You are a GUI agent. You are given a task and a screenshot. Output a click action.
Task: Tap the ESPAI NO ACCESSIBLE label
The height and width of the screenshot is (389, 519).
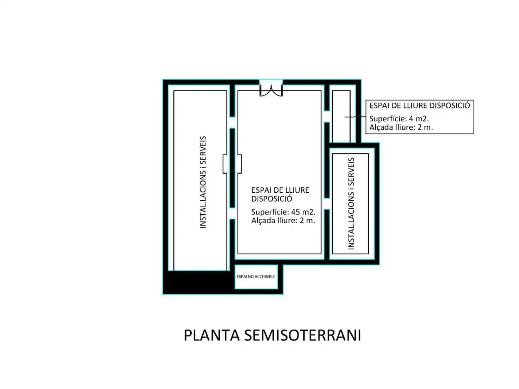coord(256,276)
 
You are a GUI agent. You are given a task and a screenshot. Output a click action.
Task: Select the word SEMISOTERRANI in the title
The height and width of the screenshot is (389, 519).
coord(302,335)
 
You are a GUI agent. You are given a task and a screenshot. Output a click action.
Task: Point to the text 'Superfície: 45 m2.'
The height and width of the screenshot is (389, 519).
coord(283,212)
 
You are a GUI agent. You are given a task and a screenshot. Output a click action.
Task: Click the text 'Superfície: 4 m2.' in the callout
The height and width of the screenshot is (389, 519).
coord(399,119)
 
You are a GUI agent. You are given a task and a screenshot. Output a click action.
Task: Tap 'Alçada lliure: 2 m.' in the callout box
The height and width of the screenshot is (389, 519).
coord(401,127)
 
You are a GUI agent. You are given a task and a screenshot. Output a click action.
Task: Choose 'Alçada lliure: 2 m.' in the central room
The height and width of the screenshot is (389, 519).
coord(283,220)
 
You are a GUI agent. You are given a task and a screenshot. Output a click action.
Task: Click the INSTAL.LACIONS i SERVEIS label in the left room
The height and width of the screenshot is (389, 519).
coord(203,182)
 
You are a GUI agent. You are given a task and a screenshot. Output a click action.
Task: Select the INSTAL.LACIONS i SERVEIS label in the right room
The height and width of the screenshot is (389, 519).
coord(351,204)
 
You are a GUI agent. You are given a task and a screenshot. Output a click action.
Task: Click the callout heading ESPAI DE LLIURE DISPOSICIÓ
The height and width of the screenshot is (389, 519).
coord(420,106)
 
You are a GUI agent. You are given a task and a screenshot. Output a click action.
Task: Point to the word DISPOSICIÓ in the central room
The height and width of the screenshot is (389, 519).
coord(272,199)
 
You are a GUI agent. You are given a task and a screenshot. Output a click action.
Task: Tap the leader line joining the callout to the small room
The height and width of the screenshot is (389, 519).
coord(355,117)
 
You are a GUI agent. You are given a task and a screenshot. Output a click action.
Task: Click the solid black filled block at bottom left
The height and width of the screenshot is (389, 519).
coord(199,282)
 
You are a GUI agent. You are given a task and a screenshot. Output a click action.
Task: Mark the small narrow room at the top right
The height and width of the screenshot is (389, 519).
coord(341,116)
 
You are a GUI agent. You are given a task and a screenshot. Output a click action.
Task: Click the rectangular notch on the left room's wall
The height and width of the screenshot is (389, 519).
coord(225,164)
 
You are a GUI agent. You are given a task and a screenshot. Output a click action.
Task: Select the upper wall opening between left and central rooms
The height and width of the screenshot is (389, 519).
coord(232,122)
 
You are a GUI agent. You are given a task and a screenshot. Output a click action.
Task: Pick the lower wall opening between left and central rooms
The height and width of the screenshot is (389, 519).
coord(232,213)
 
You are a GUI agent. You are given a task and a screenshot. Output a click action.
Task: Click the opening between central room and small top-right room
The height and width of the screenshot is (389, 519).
coord(327,116)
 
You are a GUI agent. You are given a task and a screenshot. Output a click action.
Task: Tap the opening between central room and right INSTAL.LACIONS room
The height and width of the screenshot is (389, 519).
coord(327,204)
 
